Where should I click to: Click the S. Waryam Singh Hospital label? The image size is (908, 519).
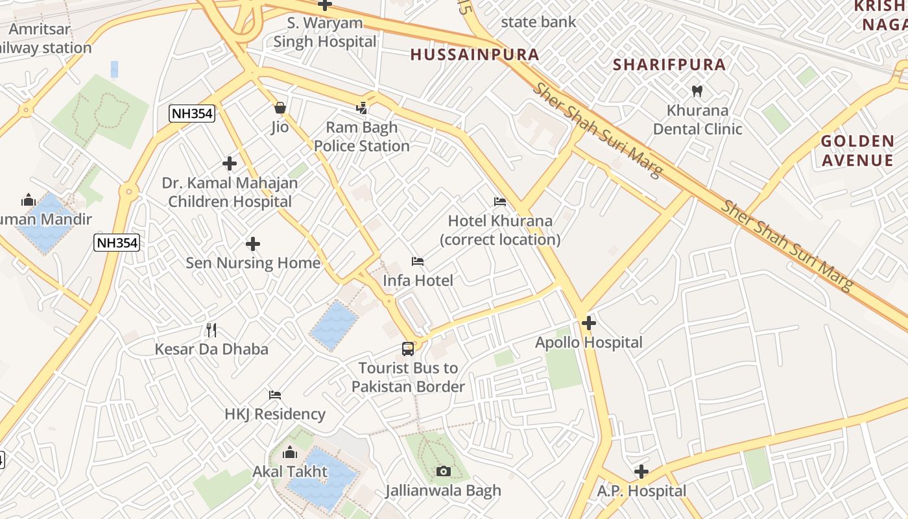pos(324,32)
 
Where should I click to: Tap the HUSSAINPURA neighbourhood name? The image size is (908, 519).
pos(475,54)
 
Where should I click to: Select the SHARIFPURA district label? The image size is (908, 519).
pos(669,65)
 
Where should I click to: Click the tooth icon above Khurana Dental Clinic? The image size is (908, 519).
pos(697,91)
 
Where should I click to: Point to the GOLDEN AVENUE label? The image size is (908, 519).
pos(857,151)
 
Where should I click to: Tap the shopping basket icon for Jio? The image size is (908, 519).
pos(280,108)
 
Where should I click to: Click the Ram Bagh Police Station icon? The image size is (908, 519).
pos(362,108)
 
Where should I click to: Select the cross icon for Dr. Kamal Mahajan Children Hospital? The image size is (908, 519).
pos(230,163)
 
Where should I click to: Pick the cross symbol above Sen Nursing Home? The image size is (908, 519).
pos(253,244)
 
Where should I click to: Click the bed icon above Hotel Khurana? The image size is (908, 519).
pos(499,202)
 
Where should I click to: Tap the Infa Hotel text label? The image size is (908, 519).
pos(418,280)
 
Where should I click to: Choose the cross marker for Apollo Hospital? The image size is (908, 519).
pos(589,322)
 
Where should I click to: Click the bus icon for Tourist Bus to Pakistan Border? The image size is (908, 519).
pos(408,349)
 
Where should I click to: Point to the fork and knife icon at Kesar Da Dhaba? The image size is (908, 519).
pos(211,330)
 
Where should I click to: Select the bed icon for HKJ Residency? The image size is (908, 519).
pos(275,395)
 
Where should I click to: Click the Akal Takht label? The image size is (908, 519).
pos(290,471)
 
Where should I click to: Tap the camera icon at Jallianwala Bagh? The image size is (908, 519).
pos(444,471)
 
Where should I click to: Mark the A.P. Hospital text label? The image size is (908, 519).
pos(641,491)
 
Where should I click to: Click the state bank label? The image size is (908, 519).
pos(538,22)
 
